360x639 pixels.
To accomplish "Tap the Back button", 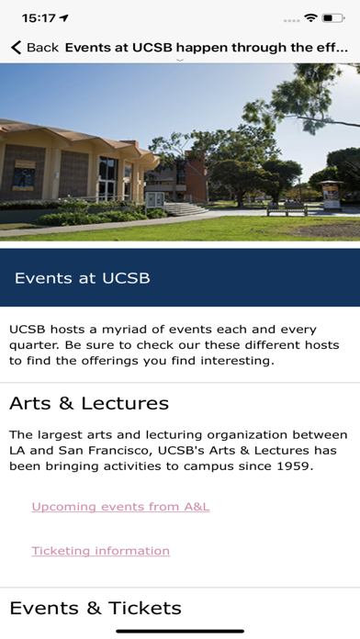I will tap(34, 47).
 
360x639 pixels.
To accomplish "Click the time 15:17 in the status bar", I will tap(38, 17).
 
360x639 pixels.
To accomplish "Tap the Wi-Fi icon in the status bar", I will tap(311, 17).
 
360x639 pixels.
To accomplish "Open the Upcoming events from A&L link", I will tap(120, 506).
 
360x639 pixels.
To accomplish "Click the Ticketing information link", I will tap(100, 551).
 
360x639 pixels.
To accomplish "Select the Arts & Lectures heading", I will tap(89, 403).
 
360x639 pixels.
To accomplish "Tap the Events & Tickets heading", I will tap(96, 608).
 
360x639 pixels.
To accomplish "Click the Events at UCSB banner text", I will tap(83, 277).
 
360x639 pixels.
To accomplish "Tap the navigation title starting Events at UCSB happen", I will tap(207, 47).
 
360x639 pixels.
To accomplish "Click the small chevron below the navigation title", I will tap(180, 61).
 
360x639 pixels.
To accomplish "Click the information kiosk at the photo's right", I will tap(331, 195).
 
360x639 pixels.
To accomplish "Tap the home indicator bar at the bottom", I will tap(180, 631).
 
